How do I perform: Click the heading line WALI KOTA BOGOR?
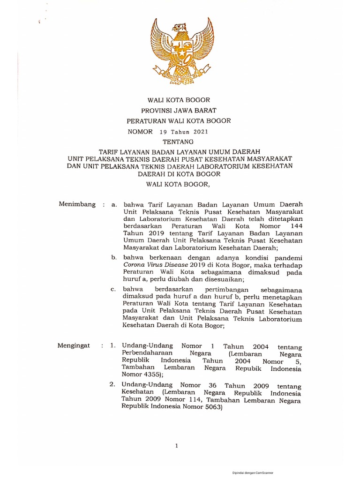point(179,100)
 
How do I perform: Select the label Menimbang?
point(77,204)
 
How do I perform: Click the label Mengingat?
point(74,345)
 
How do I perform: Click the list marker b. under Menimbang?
point(113,257)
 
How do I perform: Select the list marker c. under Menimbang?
point(113,289)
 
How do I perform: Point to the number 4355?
point(149,375)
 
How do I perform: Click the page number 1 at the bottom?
point(176,446)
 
